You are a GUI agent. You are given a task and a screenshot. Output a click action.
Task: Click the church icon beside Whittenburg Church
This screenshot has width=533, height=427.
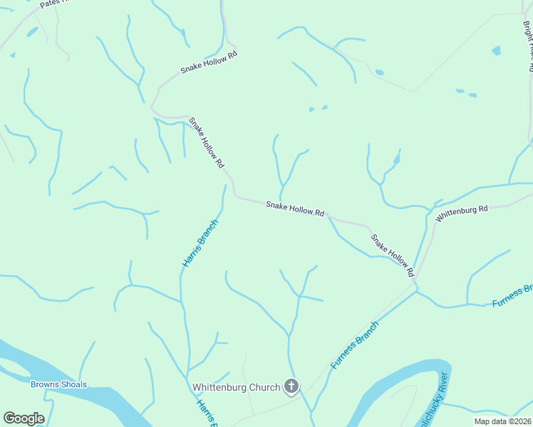click(x=291, y=386)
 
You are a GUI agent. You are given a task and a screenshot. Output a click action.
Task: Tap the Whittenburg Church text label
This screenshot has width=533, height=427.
click(x=237, y=388)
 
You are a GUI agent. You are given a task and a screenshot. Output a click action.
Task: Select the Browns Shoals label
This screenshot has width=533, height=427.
click(x=58, y=385)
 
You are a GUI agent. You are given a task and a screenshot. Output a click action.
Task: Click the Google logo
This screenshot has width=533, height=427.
click(x=24, y=418)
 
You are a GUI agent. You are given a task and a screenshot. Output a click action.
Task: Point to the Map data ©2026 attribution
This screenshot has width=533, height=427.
click(x=502, y=421)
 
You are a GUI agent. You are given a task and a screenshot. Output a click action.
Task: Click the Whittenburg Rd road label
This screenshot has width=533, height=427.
click(x=462, y=213)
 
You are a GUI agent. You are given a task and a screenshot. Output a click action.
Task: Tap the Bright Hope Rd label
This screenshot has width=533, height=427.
click(x=528, y=46)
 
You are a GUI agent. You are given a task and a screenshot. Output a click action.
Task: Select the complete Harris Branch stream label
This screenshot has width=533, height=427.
click(x=200, y=243)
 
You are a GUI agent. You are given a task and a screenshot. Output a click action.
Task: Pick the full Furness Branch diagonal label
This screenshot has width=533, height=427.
click(x=354, y=344)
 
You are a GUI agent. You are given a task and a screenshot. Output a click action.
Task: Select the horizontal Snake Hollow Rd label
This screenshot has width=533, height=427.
click(x=295, y=209)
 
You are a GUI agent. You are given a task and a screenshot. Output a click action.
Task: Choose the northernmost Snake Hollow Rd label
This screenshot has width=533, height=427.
click(x=208, y=62)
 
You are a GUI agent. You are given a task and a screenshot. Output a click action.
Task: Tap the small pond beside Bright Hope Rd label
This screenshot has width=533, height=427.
click(x=496, y=51)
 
